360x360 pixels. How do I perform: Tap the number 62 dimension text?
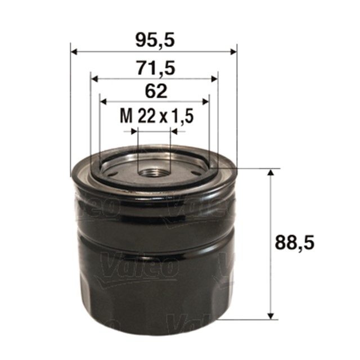[153, 91]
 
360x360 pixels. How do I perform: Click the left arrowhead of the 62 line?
[103, 101]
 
